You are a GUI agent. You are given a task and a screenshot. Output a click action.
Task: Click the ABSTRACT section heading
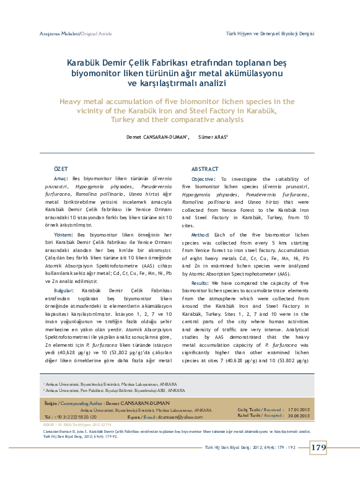(x=204, y=169)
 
